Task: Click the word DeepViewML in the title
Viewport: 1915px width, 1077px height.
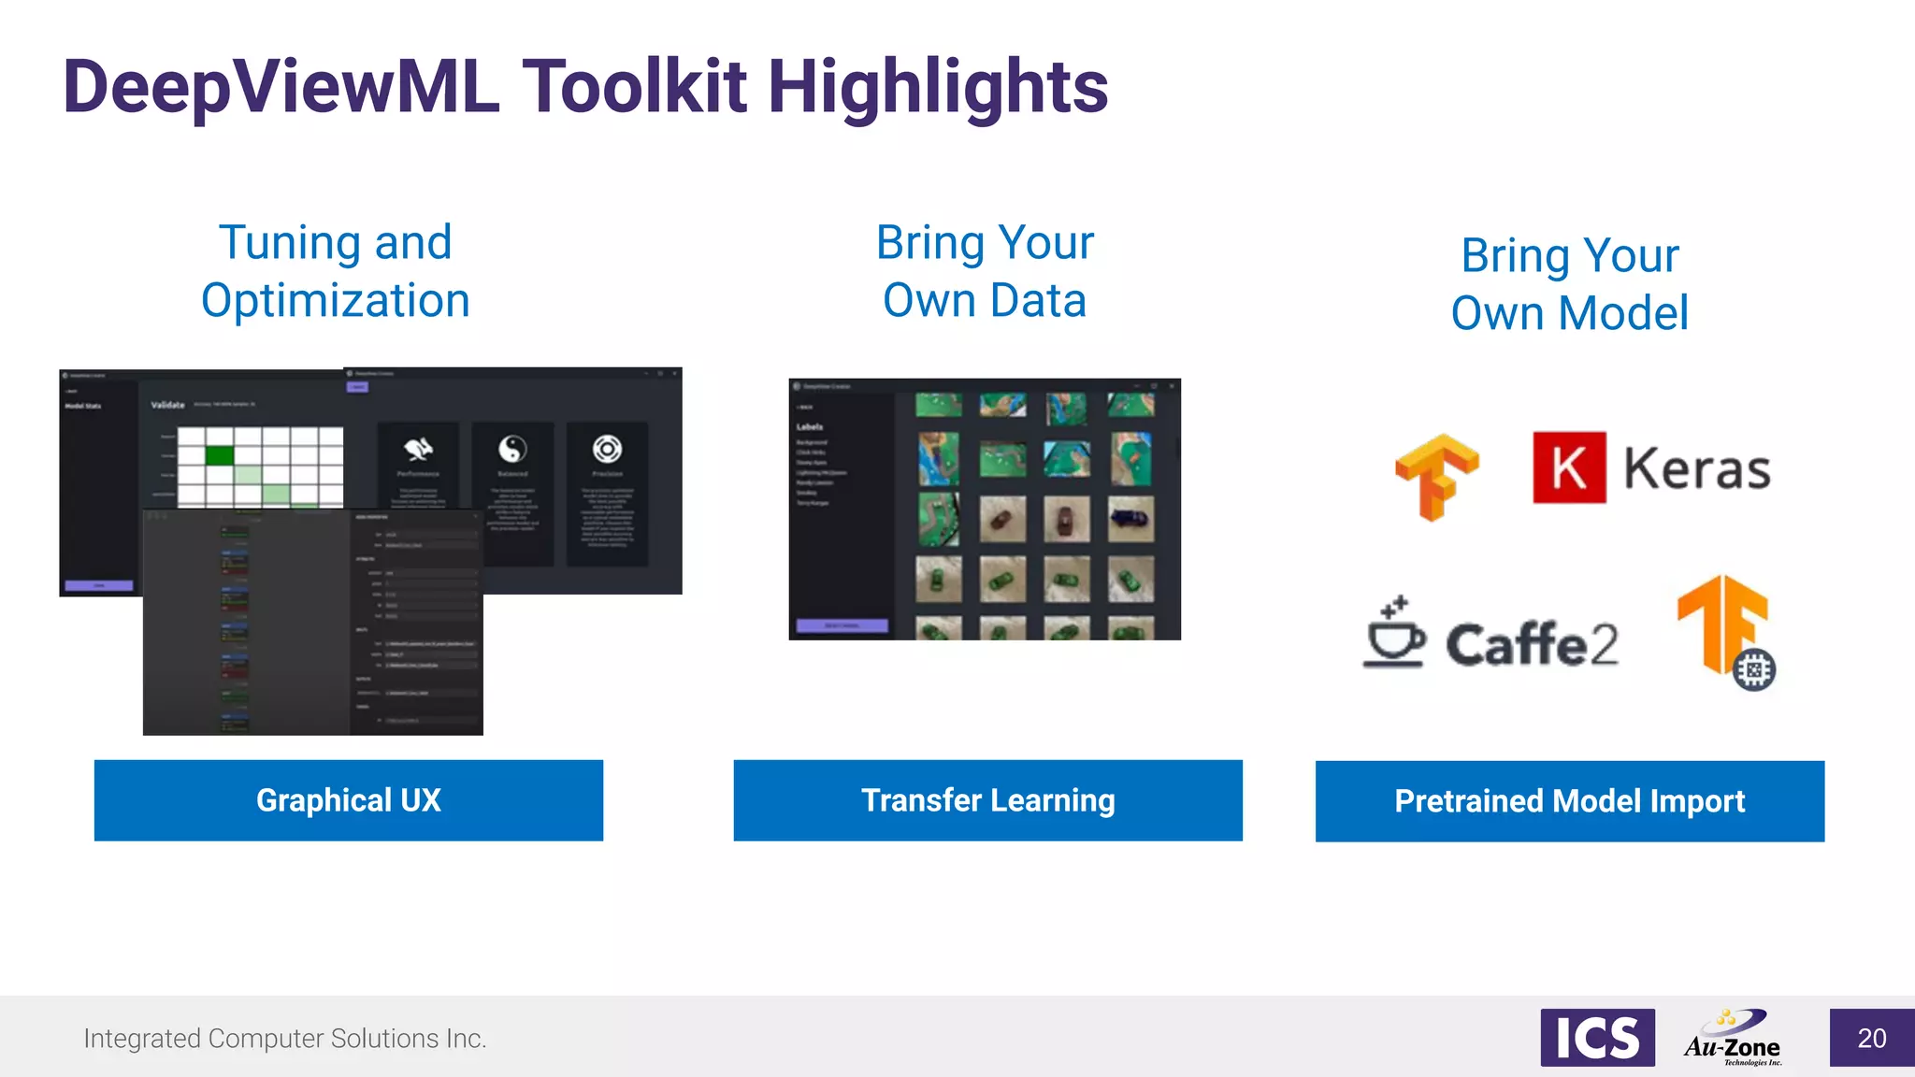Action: [x=281, y=87]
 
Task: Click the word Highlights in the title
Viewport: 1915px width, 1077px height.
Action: [x=937, y=87]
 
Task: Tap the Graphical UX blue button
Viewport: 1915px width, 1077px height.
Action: [x=348, y=800]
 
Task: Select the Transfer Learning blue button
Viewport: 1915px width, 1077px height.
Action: [x=987, y=800]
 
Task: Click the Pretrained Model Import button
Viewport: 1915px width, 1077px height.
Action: [x=1569, y=801]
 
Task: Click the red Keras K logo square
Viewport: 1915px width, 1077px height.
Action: [x=1569, y=467]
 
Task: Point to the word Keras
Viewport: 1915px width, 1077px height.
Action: [x=1696, y=468]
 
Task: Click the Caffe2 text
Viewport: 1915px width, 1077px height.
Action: [x=1532, y=644]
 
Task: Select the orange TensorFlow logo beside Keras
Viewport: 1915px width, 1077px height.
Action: [x=1437, y=476]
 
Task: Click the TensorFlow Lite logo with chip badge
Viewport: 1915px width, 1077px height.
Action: [x=1726, y=631]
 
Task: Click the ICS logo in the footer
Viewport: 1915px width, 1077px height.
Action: [x=1597, y=1038]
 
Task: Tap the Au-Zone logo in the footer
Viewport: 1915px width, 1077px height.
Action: [x=1733, y=1039]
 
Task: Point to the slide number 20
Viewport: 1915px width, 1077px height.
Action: [x=1871, y=1038]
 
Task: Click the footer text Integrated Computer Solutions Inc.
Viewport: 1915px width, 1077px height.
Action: [x=285, y=1039]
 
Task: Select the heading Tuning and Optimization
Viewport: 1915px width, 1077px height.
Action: [x=336, y=271]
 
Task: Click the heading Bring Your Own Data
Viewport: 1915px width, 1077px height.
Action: [x=985, y=271]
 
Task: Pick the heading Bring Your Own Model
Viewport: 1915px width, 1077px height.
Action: [x=1569, y=284]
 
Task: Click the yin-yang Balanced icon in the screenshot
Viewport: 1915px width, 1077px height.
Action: [x=512, y=450]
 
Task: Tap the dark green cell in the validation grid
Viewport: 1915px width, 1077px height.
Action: [x=220, y=455]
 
